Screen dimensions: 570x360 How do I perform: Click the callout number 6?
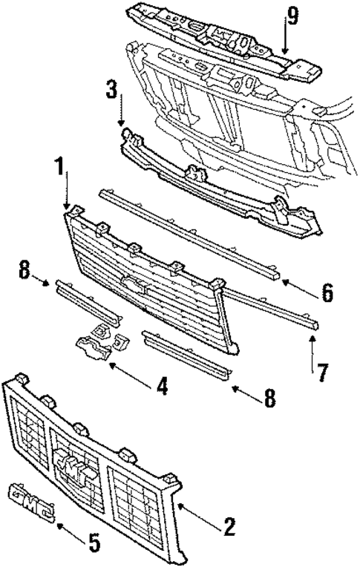326,294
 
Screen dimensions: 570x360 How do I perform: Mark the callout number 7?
322,371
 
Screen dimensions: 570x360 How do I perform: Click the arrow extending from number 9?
286,40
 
